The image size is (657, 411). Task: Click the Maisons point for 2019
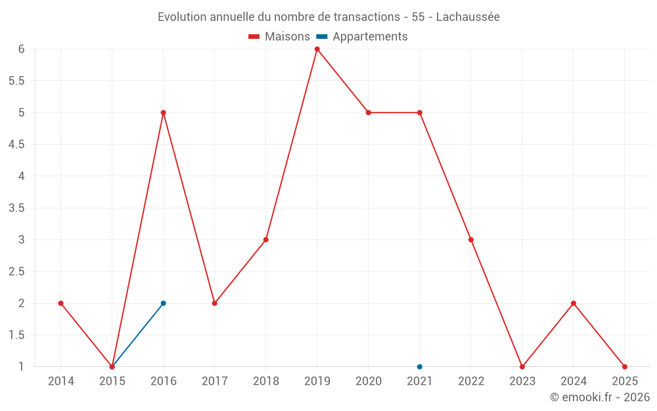(317, 49)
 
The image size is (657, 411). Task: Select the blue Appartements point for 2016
(163, 303)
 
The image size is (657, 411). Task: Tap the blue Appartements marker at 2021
(419, 367)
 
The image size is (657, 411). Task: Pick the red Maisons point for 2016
(163, 112)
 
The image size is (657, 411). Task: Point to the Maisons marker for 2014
(60, 303)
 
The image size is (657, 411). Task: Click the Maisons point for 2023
(522, 367)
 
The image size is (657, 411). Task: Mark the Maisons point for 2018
(265, 239)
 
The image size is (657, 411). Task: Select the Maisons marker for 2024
(574, 303)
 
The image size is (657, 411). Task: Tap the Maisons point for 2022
(471, 239)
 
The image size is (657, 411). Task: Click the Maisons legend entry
(279, 37)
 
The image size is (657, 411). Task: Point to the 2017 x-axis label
(214, 381)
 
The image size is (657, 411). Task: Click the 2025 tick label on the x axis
(625, 381)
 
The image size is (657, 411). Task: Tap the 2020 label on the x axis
(368, 381)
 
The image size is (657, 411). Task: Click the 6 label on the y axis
(21, 49)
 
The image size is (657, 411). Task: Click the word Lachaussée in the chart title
(468, 17)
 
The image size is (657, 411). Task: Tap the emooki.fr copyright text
(600, 397)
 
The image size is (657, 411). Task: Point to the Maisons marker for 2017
(214, 303)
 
